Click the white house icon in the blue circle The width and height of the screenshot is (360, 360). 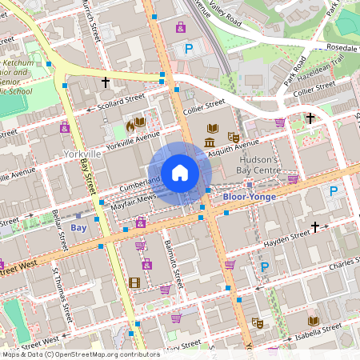point(179,172)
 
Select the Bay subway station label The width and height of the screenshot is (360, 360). point(78,228)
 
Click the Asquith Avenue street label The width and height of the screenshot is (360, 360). point(234,149)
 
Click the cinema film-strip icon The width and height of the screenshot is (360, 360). point(134,282)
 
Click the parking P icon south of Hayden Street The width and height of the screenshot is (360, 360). point(265,266)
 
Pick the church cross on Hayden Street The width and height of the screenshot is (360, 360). point(315,227)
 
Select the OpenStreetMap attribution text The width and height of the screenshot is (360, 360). point(80,354)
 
